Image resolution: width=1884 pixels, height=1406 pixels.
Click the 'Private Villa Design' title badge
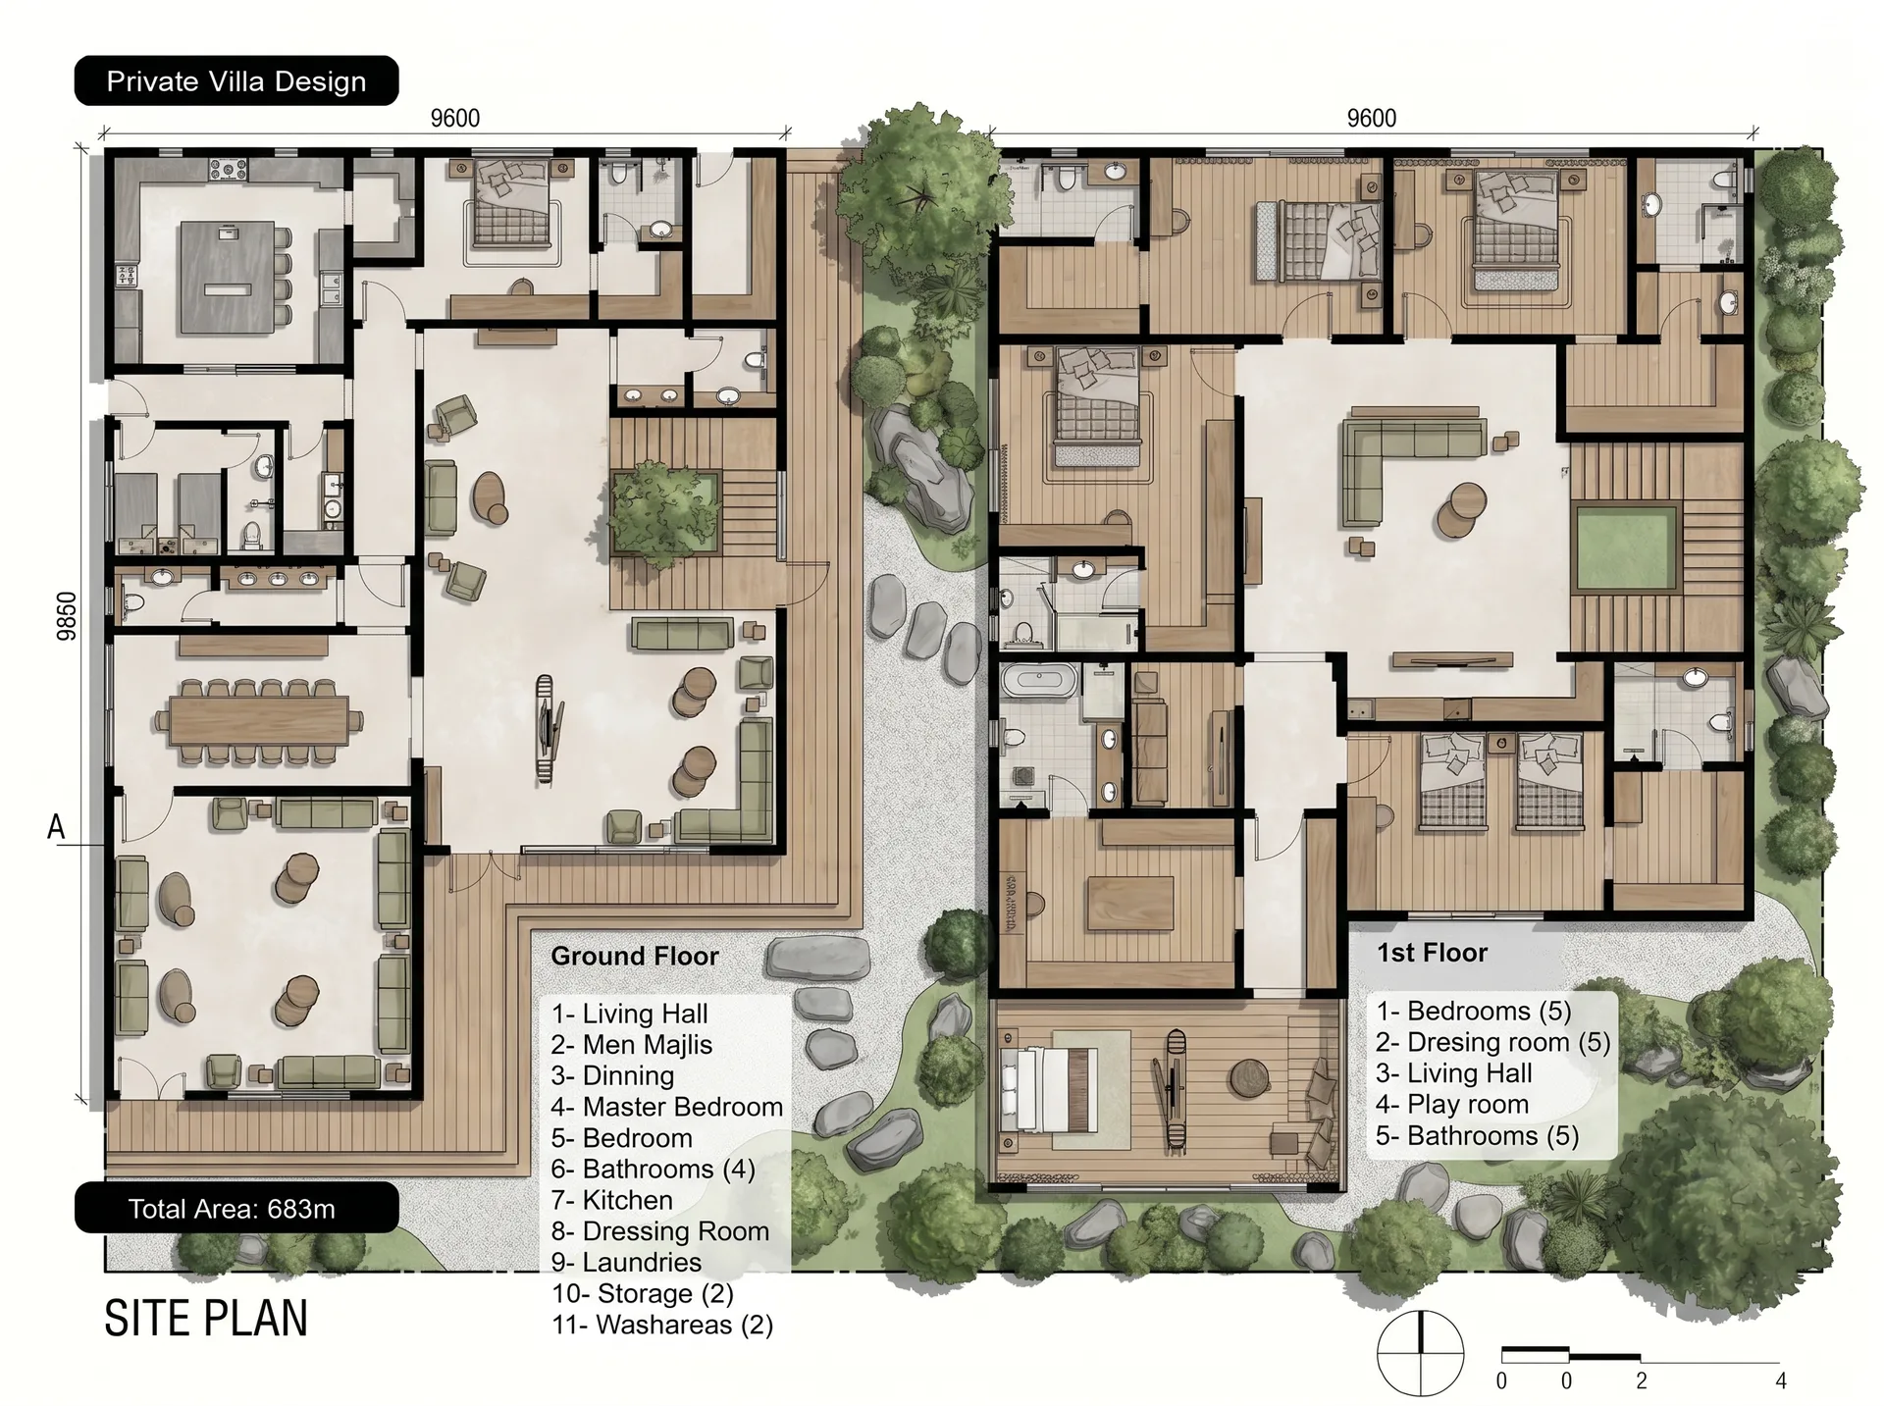236,80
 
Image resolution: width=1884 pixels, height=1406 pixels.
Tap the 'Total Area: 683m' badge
236,1208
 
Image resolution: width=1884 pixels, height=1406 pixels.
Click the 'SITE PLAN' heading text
206,1318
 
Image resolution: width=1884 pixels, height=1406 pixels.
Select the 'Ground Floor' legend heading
635,956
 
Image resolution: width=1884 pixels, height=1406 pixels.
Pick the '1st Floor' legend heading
1432,953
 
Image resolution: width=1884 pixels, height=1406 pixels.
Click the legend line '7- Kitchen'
612,1200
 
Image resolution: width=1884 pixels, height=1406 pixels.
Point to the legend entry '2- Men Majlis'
632,1045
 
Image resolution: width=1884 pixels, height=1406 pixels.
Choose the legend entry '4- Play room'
1452,1105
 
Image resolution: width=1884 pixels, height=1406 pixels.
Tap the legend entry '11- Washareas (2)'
662,1325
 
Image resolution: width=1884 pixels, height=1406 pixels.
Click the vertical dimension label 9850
66,616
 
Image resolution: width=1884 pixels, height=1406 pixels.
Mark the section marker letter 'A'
56,827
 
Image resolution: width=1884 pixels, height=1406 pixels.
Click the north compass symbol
1420,1353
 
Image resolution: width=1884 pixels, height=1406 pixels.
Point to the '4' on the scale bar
1781,1381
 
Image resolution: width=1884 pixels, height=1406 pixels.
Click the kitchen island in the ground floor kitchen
227,278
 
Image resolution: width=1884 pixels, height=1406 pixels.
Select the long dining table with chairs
259,720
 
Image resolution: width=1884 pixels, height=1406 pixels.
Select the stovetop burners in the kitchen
227,171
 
